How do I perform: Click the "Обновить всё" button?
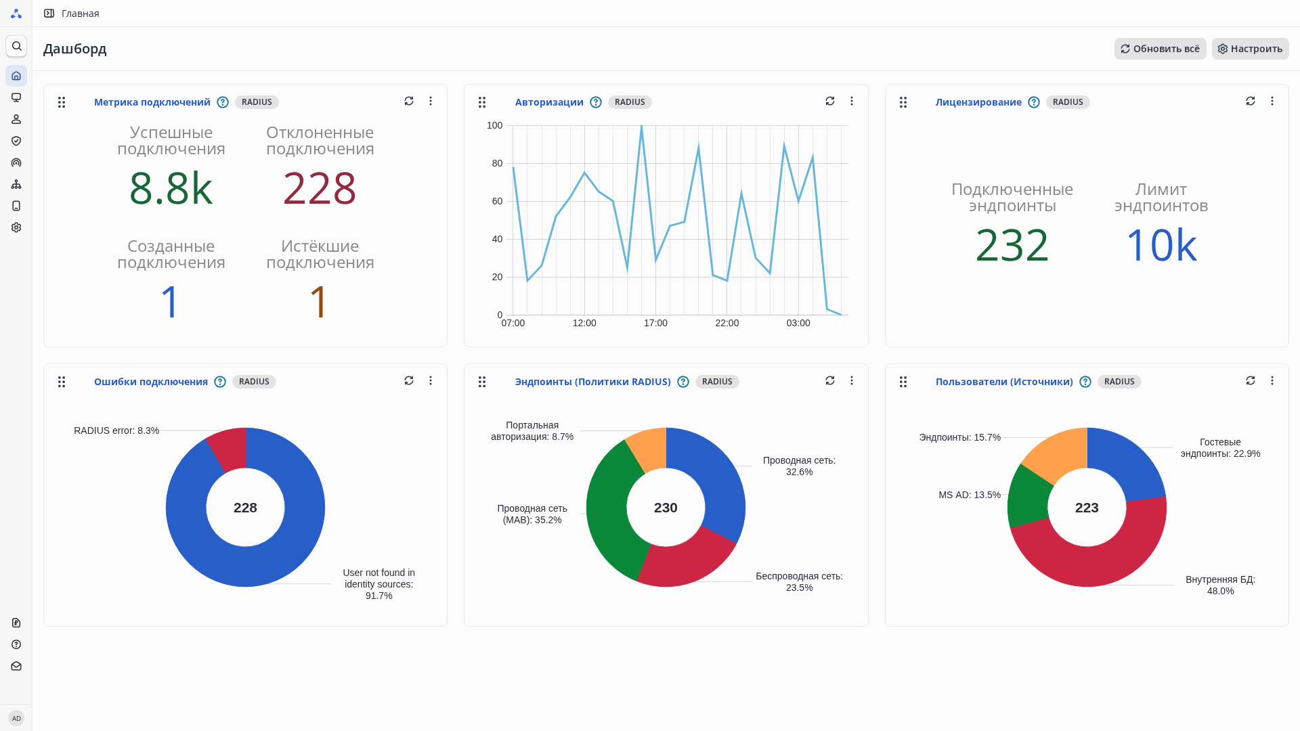point(1160,49)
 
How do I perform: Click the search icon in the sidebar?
point(16,46)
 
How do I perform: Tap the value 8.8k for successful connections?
point(171,188)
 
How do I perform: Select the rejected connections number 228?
point(320,188)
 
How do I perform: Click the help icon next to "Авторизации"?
point(596,102)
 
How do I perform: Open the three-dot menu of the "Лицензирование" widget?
point(1272,101)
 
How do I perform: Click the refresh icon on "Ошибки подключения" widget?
point(409,380)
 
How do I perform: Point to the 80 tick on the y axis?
point(497,163)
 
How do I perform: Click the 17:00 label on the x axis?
point(655,324)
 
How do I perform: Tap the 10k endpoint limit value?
point(1161,245)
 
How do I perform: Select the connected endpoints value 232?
point(1012,245)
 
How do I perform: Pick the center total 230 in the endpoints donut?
point(666,508)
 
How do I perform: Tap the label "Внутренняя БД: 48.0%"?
point(1220,585)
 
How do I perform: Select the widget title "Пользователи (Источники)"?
point(1004,382)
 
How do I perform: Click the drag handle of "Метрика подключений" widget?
point(62,102)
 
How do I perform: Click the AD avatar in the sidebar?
point(16,718)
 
